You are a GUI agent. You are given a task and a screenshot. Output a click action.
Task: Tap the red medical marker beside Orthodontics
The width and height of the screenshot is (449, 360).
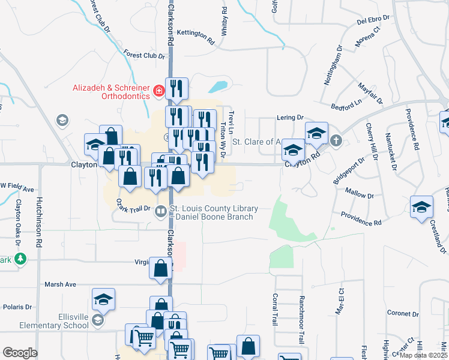(x=158, y=91)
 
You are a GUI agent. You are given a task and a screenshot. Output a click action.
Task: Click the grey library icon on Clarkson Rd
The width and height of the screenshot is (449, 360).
(x=161, y=211)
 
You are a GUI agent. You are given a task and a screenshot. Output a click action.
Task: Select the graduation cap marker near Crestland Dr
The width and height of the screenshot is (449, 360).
(x=422, y=206)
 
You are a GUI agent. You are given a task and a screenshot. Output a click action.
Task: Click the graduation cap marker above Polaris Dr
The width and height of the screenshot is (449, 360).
(x=103, y=298)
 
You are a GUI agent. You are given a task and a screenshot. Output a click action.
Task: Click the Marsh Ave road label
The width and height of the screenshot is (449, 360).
(x=60, y=284)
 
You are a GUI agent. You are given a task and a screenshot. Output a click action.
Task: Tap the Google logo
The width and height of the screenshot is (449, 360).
(x=20, y=353)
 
